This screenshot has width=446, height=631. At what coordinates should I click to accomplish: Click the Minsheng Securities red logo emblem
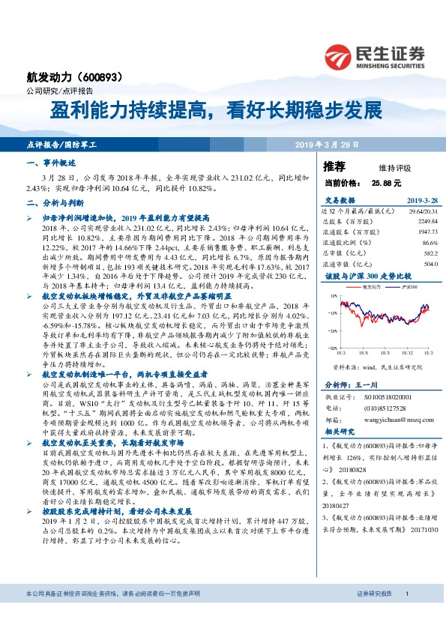(x=340, y=55)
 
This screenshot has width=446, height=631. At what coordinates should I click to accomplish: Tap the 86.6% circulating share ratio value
(x=429, y=243)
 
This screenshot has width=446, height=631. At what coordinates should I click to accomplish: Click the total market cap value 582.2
(x=430, y=253)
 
